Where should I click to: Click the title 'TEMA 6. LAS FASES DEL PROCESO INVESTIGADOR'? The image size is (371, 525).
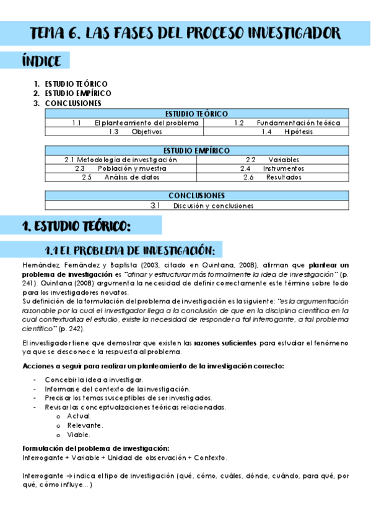185,33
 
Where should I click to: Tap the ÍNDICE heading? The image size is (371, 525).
41,61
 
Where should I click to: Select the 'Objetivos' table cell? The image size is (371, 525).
147,132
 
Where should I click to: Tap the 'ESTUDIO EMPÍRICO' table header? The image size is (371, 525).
196,150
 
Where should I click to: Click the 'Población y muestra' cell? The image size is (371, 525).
132,168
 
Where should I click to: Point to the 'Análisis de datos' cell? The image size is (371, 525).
132,177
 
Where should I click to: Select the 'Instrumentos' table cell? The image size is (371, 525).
283,168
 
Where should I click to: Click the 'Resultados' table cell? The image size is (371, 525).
284,177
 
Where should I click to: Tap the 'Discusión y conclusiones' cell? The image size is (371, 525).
213,206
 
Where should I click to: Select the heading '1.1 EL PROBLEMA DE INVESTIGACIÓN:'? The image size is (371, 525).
130,251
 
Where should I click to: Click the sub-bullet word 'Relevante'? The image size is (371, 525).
85,425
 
